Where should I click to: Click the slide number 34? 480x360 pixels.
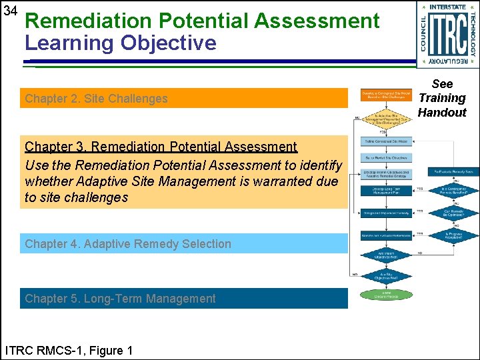point(10,11)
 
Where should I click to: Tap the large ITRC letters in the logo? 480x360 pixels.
point(447,34)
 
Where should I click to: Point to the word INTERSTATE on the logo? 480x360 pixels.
point(447,7)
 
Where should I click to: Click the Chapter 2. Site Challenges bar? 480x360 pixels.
point(183,99)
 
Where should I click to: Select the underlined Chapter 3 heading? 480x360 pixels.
point(161,147)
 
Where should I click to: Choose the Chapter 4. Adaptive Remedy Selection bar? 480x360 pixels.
point(183,244)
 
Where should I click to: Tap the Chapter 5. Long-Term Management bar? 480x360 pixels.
point(183,299)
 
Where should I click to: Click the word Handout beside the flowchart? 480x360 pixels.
point(442,113)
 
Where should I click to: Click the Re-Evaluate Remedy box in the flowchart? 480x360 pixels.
point(453,172)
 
